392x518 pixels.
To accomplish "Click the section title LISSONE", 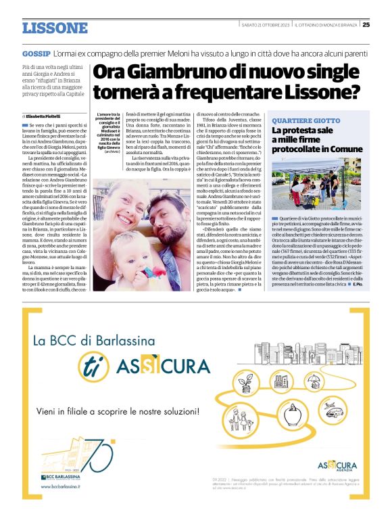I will (55, 28).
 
